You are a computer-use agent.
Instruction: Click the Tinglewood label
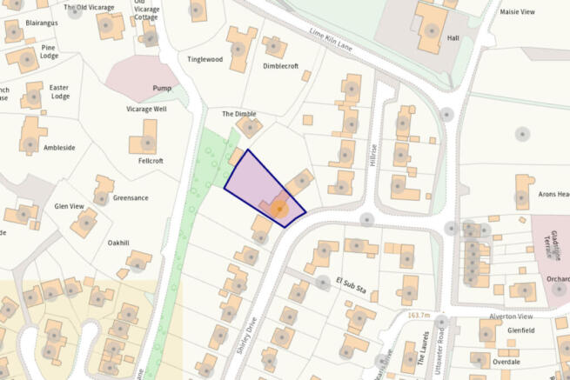205,59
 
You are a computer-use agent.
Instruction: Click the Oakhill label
121,243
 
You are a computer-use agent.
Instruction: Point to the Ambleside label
59,148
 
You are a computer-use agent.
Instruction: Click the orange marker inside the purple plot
278,210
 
